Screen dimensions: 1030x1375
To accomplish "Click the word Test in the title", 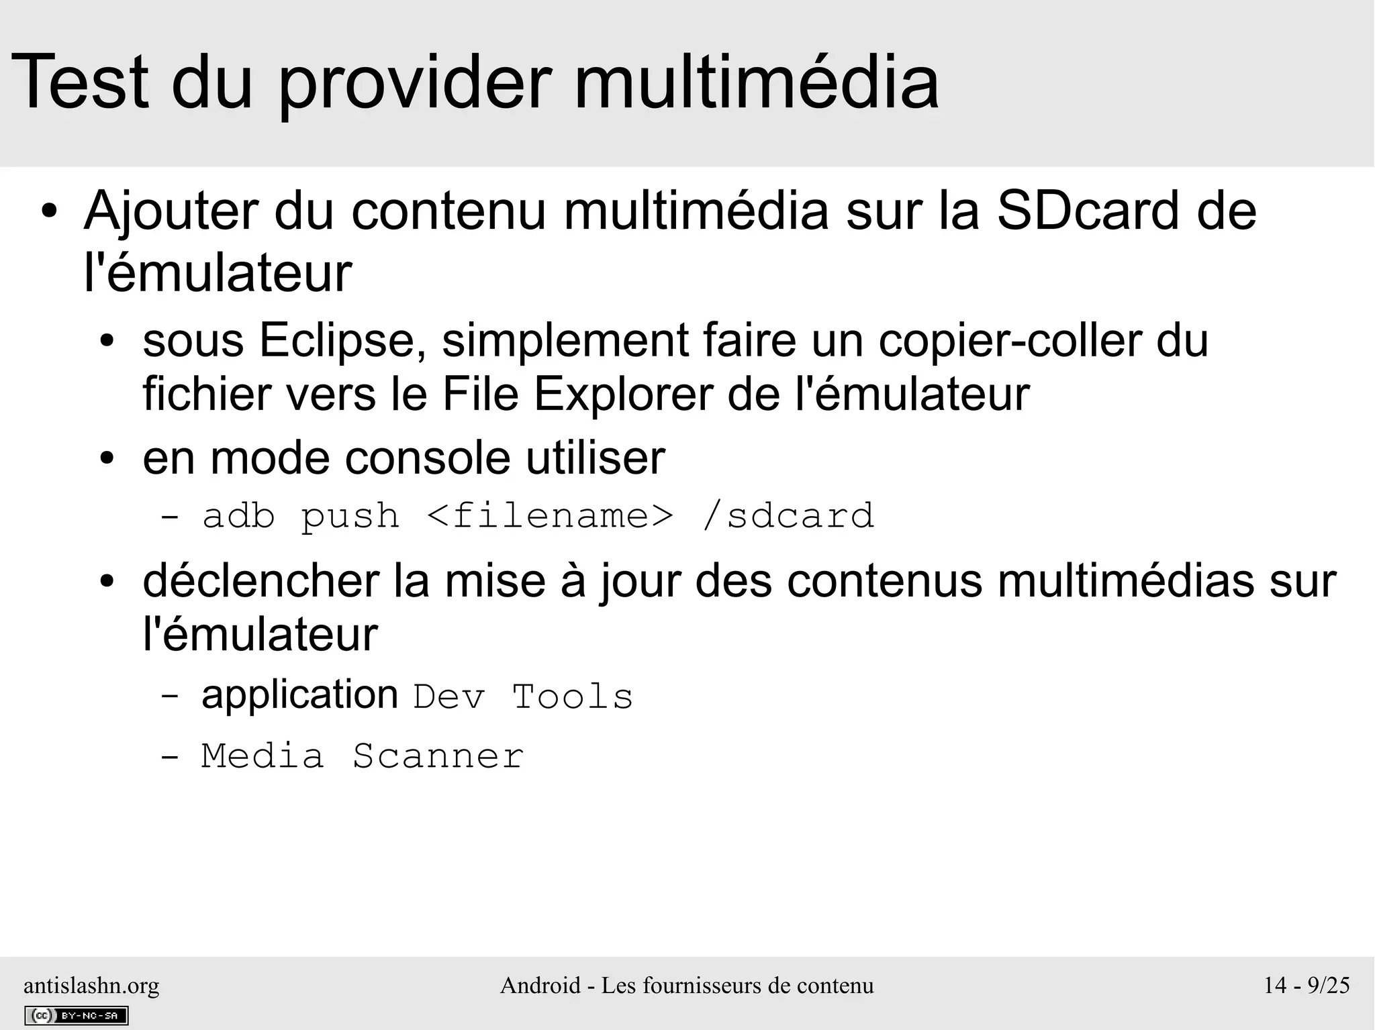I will point(79,83).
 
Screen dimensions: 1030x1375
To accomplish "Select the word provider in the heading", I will point(415,83).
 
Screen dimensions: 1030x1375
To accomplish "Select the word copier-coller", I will point(1010,341).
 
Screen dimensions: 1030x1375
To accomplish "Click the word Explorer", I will point(624,395).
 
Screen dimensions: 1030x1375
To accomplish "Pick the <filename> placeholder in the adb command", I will point(549,516).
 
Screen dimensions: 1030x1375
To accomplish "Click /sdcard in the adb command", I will point(788,516).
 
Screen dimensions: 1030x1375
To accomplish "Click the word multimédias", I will point(1125,580).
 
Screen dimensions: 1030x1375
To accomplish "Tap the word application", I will point(299,695).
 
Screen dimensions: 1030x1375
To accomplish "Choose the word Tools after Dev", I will point(573,697).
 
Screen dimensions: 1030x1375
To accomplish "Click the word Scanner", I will point(438,756).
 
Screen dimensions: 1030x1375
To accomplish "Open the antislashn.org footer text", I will point(91,986).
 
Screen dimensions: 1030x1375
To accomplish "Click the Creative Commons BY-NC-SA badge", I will point(76,1015).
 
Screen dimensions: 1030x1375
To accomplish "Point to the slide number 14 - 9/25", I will point(1307,985).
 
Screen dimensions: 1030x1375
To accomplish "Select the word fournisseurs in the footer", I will point(702,985).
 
